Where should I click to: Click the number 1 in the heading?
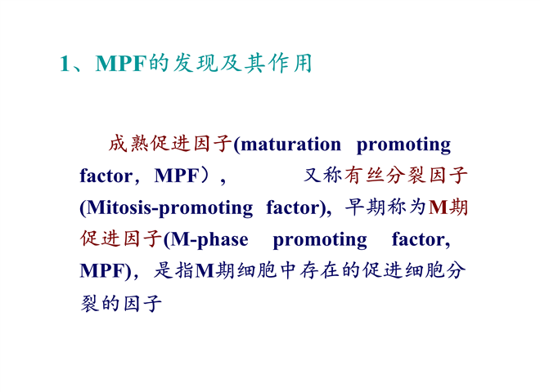click(x=65, y=64)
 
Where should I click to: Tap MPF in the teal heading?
click(x=122, y=64)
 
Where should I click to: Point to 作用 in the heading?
click(x=290, y=63)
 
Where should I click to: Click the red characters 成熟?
click(x=128, y=144)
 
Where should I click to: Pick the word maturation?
click(x=291, y=145)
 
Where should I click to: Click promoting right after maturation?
click(x=403, y=146)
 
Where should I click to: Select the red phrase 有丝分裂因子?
click(x=405, y=175)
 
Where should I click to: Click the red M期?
click(x=448, y=207)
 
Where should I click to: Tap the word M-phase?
click(x=209, y=240)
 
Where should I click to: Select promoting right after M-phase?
click(x=320, y=241)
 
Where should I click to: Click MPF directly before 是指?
click(x=102, y=271)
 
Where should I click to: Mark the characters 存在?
click(x=320, y=270)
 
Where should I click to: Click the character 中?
click(x=289, y=270)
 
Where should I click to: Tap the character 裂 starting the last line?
click(x=90, y=303)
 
